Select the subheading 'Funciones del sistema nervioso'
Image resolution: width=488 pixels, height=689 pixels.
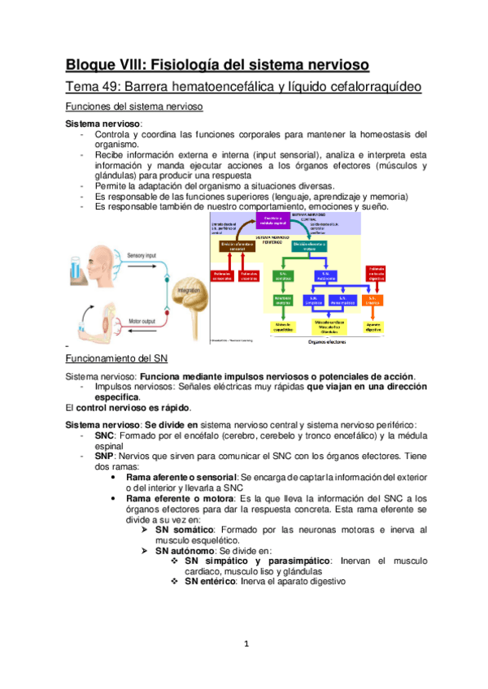[x=133, y=107]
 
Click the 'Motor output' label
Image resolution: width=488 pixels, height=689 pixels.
[x=144, y=321]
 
